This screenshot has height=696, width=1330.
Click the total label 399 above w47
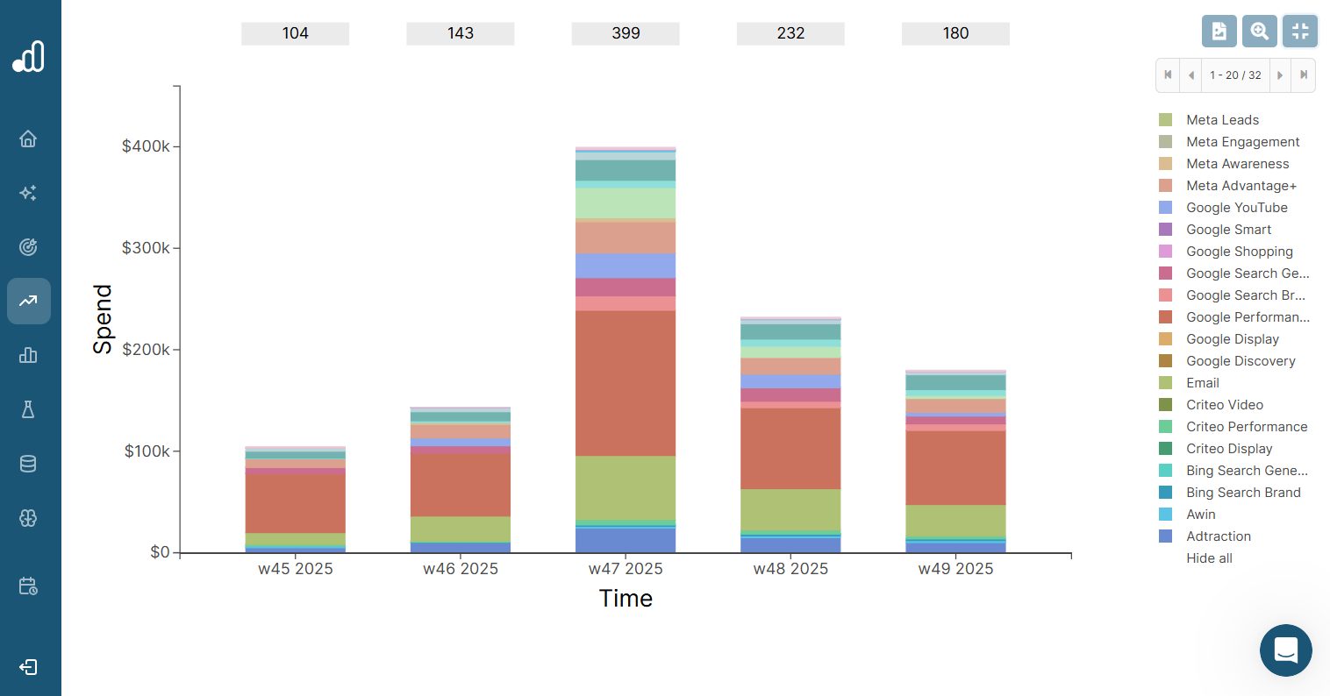pos(626,33)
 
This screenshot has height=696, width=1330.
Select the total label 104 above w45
pos(295,33)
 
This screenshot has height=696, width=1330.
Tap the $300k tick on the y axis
pos(146,248)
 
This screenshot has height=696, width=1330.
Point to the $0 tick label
pos(160,552)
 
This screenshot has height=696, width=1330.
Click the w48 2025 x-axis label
pos(790,569)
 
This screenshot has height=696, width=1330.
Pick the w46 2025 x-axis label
pos(461,569)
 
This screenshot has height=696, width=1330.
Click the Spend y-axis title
pos(104,319)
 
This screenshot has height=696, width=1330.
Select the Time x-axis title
pos(626,599)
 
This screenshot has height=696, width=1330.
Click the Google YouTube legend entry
pos(1236,208)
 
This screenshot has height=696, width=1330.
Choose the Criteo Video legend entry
pos(1224,405)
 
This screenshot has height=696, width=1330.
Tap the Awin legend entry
pos(1200,515)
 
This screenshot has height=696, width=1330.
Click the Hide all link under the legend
pos(1209,558)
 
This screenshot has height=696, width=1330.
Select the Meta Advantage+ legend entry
pos(1241,186)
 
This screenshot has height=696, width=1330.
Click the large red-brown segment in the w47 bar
pos(626,383)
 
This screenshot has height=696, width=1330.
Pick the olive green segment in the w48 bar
pos(790,509)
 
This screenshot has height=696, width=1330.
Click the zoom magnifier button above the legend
pos(1260,32)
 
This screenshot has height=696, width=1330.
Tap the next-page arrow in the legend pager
pos(1280,75)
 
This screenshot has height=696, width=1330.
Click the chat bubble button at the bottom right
pos(1285,650)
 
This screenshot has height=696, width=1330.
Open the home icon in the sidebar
pos(28,138)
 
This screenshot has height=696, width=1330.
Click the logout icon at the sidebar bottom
pos(28,667)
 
